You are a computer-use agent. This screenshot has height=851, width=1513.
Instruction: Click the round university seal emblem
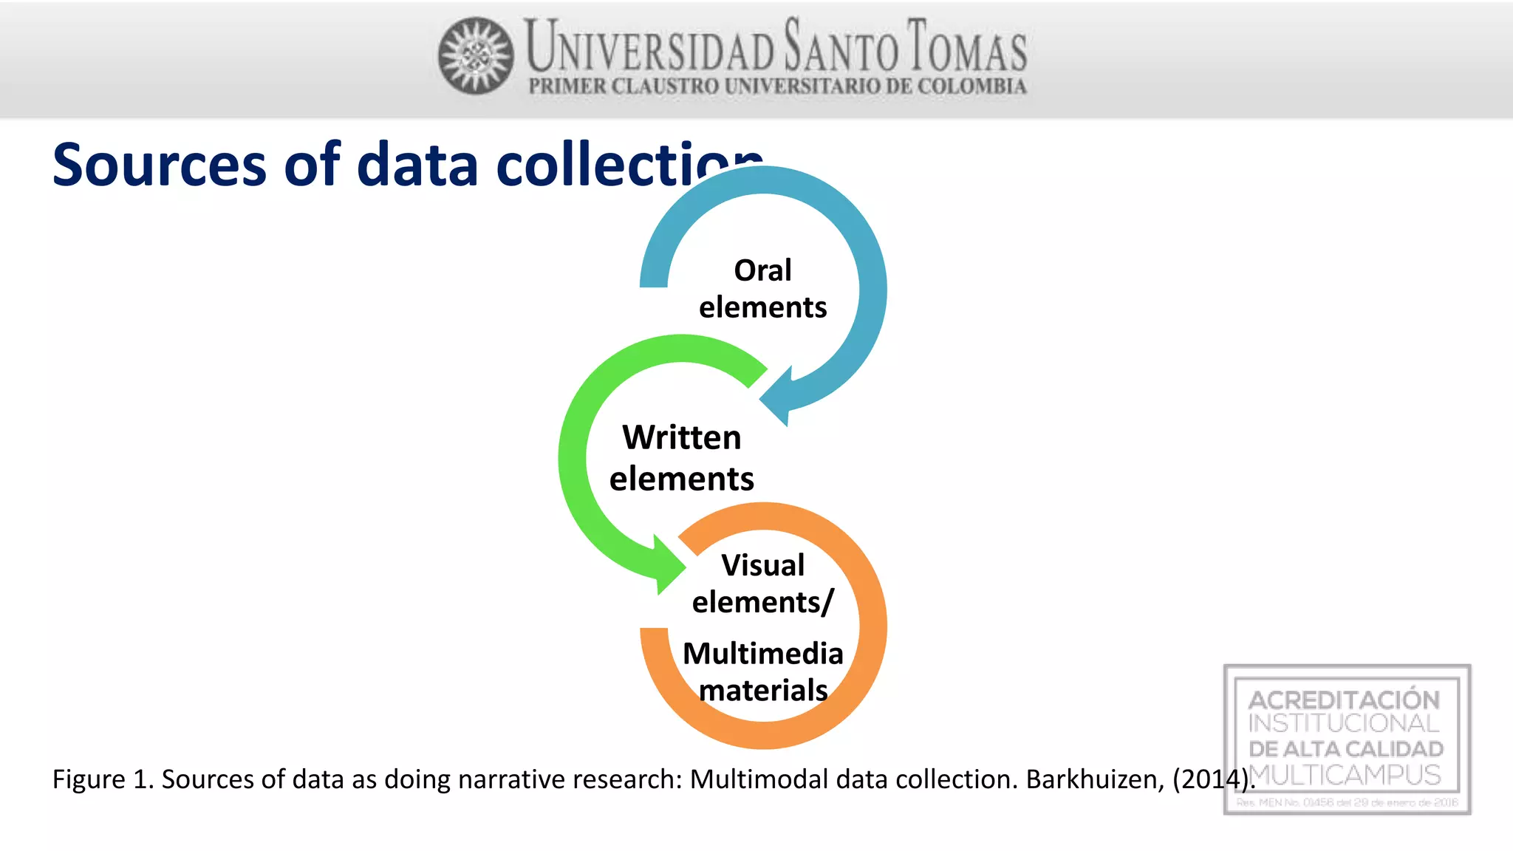click(x=476, y=55)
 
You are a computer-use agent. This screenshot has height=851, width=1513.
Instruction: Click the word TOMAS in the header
click(x=967, y=47)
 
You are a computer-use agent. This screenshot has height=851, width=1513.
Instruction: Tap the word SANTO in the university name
click(x=841, y=47)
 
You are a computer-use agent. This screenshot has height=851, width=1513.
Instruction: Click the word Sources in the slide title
click(x=159, y=165)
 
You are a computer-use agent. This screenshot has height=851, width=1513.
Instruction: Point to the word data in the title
click(x=417, y=165)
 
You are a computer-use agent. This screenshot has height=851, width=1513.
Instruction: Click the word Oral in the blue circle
click(x=762, y=270)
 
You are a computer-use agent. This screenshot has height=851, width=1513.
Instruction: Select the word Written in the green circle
click(x=681, y=437)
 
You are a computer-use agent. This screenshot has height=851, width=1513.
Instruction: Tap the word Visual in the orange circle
click(x=762, y=565)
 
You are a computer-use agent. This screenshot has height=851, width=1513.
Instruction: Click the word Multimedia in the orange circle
click(x=762, y=654)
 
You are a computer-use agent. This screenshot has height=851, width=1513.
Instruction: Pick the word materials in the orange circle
click(x=762, y=691)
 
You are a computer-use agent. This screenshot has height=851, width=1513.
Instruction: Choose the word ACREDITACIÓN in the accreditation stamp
click(x=1344, y=699)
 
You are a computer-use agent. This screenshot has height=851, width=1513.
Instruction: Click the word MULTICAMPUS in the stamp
click(x=1345, y=775)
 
